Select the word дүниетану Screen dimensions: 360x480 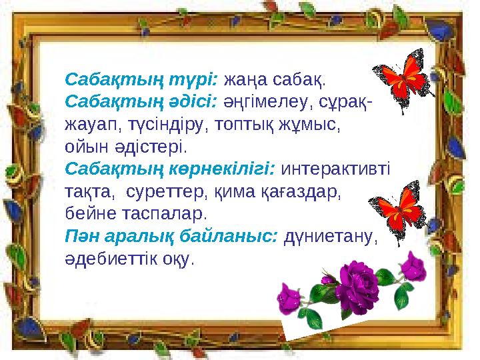tap(331, 237)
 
